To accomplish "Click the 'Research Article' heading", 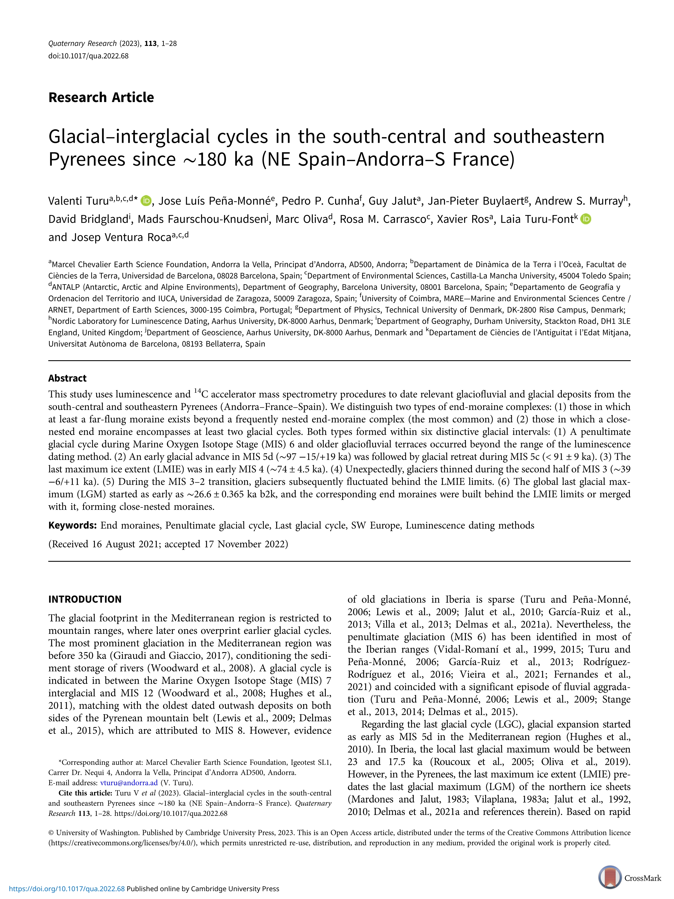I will tap(101, 98).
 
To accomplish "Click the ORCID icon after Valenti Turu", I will tap(146, 201).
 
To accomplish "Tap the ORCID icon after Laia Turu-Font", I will tap(585, 219).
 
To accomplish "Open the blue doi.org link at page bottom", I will tap(67, 888).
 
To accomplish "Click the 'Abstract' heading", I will tap(68, 379).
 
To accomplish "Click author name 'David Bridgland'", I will tap(88, 219).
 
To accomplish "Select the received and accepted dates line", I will tap(168, 544).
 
